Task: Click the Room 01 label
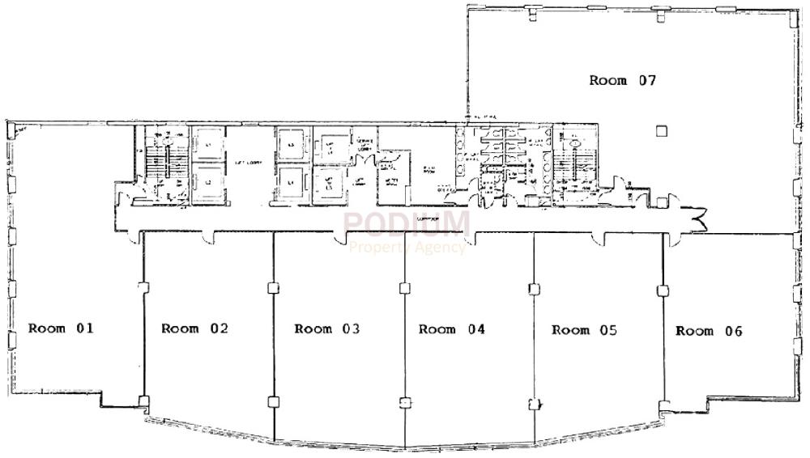[x=62, y=329]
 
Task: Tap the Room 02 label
[x=194, y=329]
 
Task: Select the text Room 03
[x=327, y=329]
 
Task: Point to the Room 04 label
[x=451, y=329]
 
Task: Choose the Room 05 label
[x=584, y=330]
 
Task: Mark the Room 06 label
[x=709, y=331]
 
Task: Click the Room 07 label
[x=621, y=80]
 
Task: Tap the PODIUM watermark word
[x=406, y=223]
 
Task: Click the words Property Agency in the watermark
[x=407, y=248]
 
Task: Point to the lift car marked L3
[x=291, y=145]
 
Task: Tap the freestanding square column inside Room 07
[x=662, y=130]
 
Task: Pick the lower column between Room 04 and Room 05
[x=534, y=403]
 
